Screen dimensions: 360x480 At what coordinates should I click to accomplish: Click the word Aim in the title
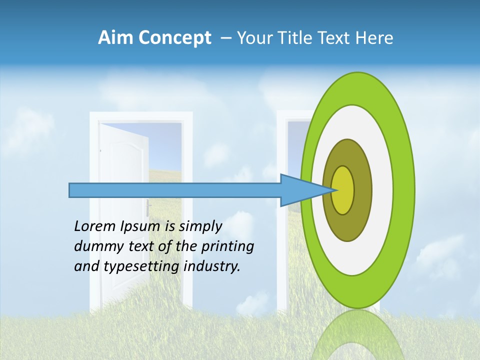click(x=114, y=38)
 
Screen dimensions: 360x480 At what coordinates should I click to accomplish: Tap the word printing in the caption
click(x=228, y=247)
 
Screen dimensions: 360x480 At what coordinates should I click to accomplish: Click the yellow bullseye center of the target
click(x=343, y=190)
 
